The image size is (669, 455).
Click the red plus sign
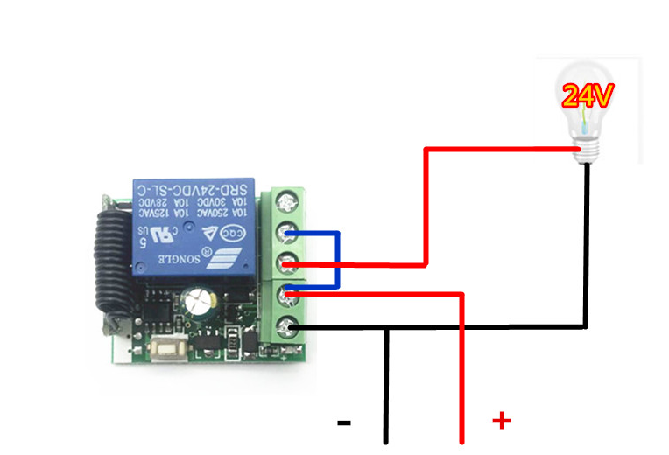[x=501, y=421]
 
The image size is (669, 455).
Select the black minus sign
[x=344, y=423]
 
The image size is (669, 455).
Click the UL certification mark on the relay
[x=161, y=234]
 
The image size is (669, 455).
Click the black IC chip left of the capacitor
[x=158, y=308]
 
